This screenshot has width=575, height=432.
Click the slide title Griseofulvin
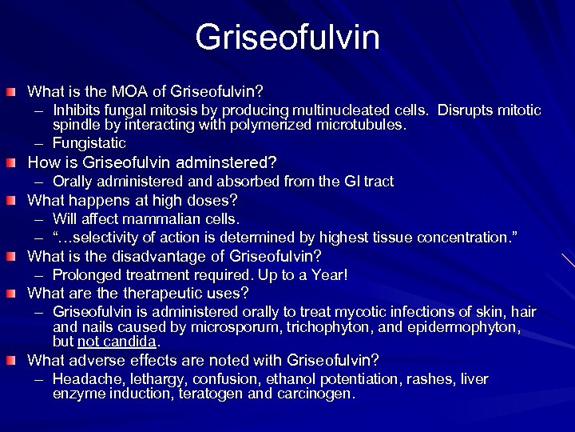(287, 37)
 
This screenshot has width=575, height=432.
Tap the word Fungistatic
(89, 143)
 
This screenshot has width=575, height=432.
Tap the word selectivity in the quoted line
(98, 237)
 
